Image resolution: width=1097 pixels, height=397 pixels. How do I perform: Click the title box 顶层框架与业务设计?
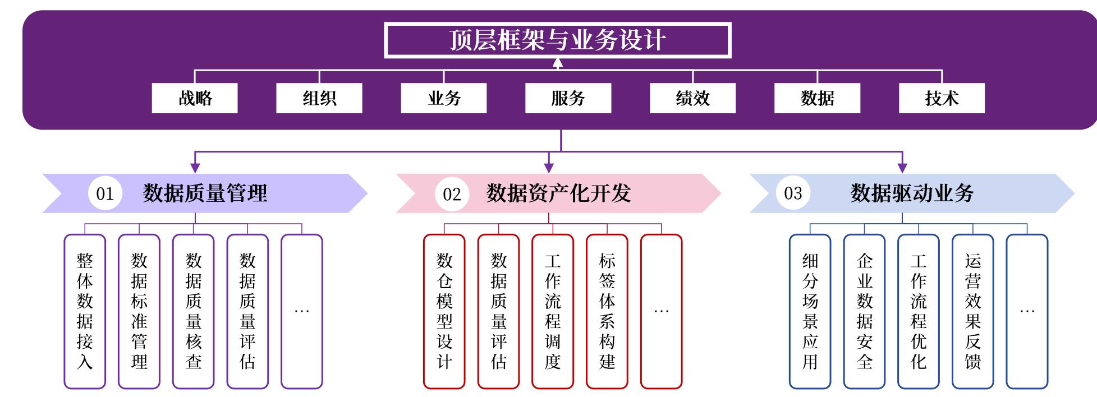(557, 40)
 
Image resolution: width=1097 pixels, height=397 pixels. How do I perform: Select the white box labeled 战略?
(195, 98)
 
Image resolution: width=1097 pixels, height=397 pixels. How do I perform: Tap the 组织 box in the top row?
(319, 98)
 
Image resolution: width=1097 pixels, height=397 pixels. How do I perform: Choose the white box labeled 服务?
(568, 98)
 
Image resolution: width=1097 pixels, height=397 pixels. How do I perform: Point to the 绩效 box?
(692, 98)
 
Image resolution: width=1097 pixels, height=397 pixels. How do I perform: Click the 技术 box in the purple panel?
(942, 98)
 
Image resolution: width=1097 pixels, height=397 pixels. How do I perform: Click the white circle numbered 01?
(105, 193)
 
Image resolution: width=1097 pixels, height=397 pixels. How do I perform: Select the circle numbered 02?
(452, 193)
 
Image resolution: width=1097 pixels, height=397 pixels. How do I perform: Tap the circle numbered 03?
(793, 193)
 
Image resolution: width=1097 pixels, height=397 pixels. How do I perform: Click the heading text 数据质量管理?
(205, 193)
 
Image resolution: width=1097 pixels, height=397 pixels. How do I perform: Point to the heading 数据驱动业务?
(912, 193)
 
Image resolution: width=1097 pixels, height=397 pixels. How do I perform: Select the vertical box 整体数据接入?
(85, 311)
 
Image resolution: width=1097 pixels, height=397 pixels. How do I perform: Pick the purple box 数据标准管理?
(139, 311)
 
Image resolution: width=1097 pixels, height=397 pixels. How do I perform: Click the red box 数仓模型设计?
(444, 311)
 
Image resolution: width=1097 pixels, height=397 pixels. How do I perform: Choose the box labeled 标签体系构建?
(607, 311)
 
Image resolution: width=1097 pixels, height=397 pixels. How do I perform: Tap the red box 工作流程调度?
(553, 311)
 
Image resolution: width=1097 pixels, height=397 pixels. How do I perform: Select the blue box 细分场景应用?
(810, 311)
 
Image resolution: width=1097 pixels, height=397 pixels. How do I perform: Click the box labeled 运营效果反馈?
(972, 311)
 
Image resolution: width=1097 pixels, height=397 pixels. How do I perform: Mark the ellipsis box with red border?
(661, 311)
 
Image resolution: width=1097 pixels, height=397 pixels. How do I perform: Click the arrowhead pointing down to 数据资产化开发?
(549, 168)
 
